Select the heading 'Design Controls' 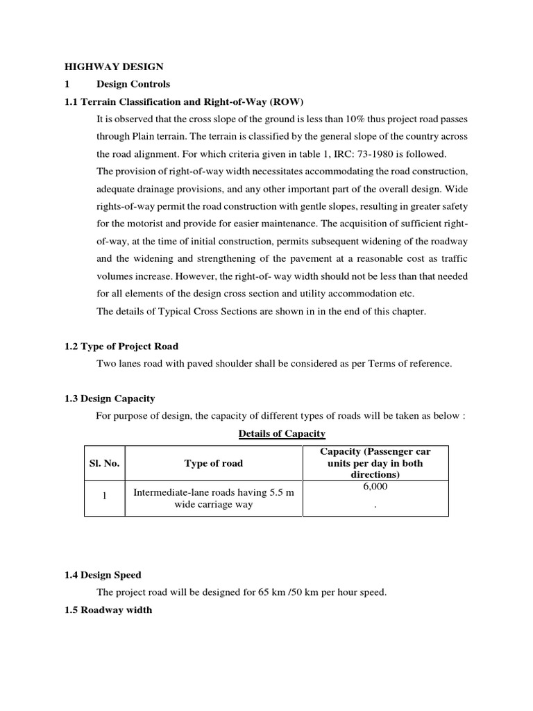[133, 85]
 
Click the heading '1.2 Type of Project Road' [122, 346]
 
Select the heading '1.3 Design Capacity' [110, 399]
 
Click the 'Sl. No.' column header [104, 463]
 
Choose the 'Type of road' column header [213, 463]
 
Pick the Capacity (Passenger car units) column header [375, 463]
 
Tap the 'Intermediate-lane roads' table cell [213, 499]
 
